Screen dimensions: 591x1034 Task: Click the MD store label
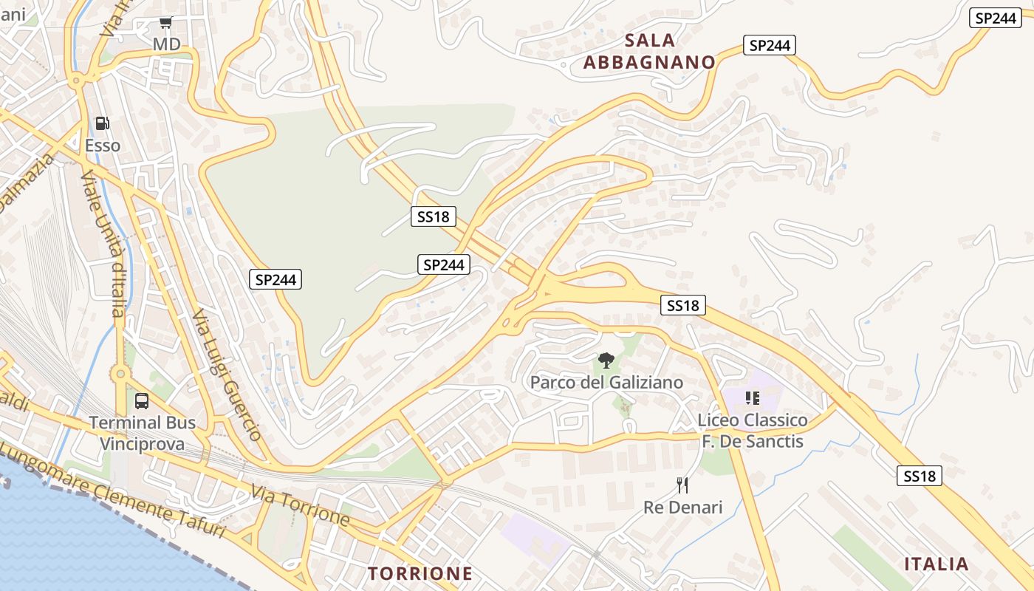[166, 44]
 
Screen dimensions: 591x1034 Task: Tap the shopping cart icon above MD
[166, 23]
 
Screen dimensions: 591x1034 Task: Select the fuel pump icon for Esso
[103, 123]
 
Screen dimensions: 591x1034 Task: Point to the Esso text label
[103, 146]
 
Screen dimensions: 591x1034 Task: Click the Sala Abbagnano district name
[649, 51]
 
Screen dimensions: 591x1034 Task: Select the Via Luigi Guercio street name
[227, 375]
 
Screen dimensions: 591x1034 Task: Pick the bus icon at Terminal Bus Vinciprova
[142, 401]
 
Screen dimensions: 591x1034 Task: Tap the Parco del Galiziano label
[606, 382]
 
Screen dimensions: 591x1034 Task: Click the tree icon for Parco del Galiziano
[606, 361]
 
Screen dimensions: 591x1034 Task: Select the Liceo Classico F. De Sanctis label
[753, 431]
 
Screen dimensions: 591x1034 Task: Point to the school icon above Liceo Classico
[753, 399]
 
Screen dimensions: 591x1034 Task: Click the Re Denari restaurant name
[682, 507]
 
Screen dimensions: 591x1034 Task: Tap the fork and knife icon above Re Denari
[682, 485]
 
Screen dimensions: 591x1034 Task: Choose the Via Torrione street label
[300, 505]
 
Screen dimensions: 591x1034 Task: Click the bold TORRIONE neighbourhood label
[420, 573]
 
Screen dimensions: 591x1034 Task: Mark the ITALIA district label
[937, 564]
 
